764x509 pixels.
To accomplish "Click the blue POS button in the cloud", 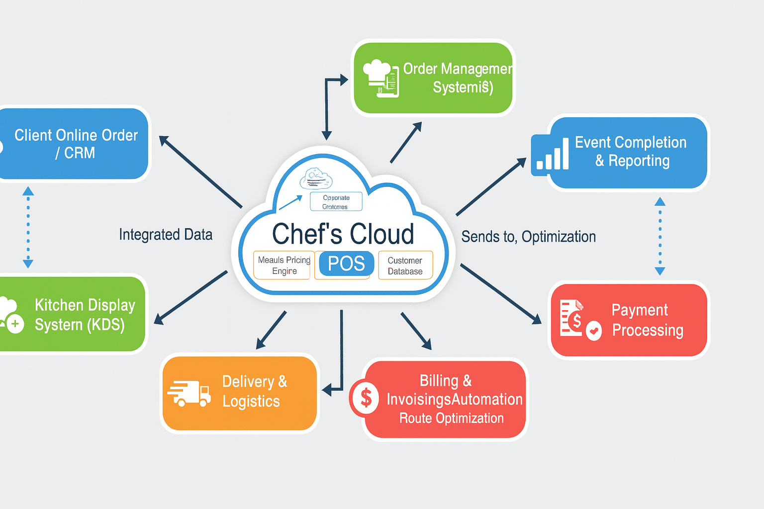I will pos(346,263).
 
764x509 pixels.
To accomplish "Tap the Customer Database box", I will pos(405,265).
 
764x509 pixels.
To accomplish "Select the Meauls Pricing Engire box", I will pos(284,265).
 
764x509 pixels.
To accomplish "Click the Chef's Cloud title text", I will pos(343,234).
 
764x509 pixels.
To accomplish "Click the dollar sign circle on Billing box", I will pos(366,398).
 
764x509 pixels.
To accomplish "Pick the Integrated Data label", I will pos(166,235).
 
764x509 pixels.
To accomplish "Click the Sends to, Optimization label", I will pos(528,237).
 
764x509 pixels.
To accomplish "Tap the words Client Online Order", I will pos(76,135).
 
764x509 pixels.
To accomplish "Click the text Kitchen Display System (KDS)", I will pos(85,315).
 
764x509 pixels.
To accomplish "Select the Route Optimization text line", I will pos(451,419).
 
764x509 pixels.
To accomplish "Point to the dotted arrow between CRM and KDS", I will pos(28,228).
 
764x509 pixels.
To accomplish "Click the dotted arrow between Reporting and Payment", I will pos(660,236).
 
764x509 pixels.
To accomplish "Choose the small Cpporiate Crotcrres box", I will pos(336,202).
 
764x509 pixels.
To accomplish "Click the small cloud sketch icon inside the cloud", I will pos(316,179).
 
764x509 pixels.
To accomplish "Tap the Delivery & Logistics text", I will pos(254,391).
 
